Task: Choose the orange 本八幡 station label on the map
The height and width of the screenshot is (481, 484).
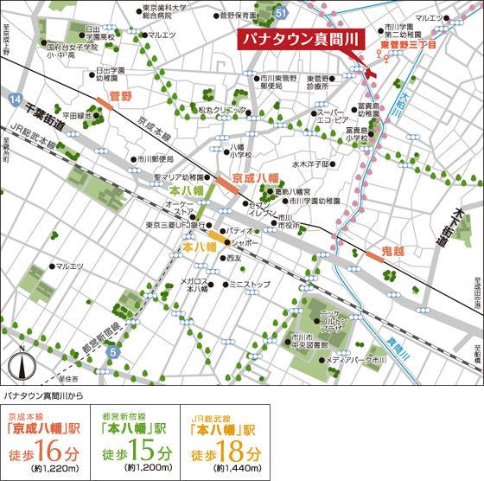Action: click(191, 247)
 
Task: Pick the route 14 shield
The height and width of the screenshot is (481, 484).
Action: click(14, 102)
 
